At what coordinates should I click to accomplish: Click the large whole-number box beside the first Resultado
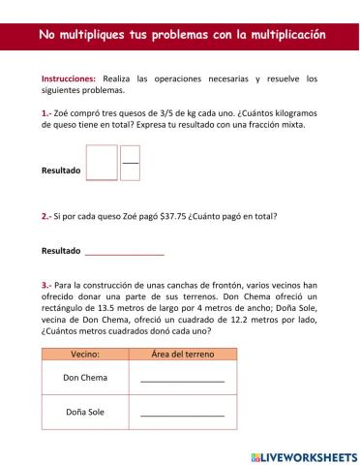pyautogui.click(x=102, y=163)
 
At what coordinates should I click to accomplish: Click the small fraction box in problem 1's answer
pyautogui.click(x=130, y=163)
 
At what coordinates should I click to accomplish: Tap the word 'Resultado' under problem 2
pyautogui.click(x=61, y=251)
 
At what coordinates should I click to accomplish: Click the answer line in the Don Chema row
pyautogui.click(x=182, y=381)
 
